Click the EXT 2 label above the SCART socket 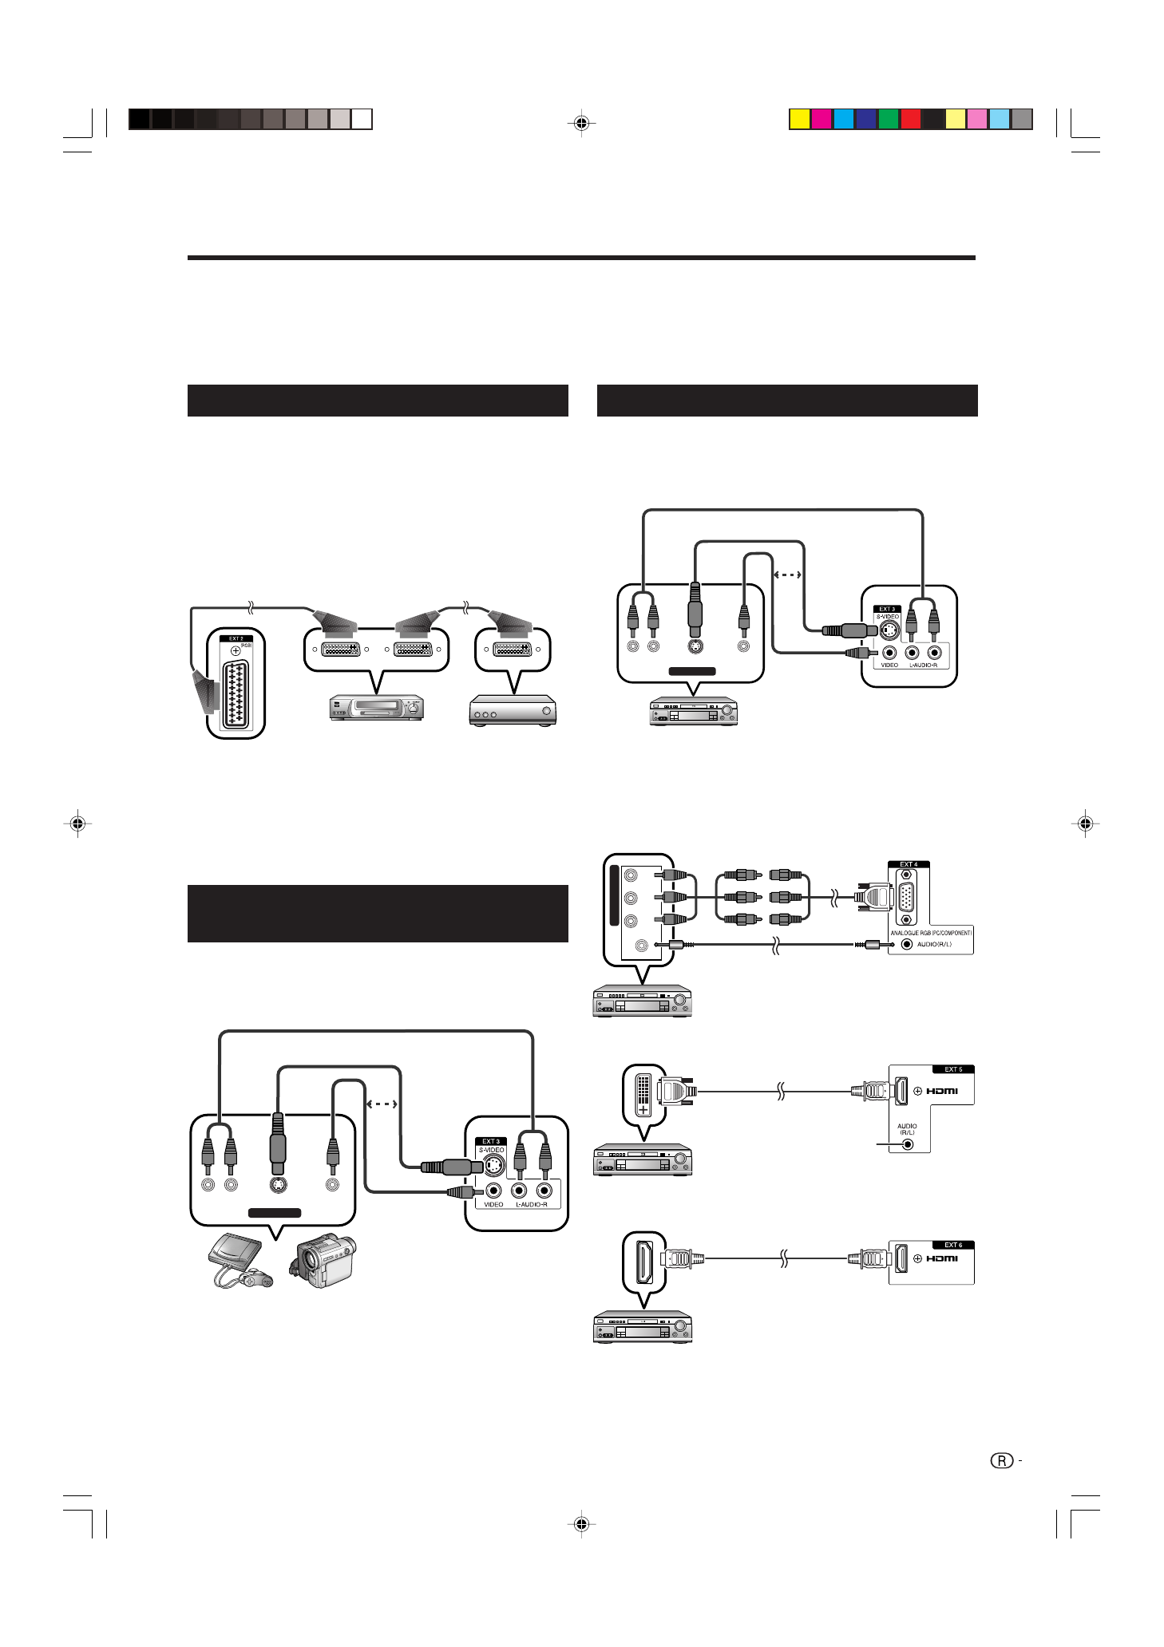click(x=236, y=638)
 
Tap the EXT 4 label click(x=909, y=864)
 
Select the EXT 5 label click(x=953, y=1069)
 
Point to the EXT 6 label click(x=953, y=1245)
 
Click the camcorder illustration click(x=323, y=1260)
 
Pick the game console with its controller click(x=238, y=1260)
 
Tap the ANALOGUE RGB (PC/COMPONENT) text click(x=931, y=933)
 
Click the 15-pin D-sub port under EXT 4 click(x=906, y=898)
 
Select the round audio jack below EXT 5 click(x=907, y=1144)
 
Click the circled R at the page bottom click(x=1002, y=1461)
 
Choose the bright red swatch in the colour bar click(x=911, y=119)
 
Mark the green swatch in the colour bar click(x=889, y=119)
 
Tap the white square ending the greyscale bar click(x=362, y=119)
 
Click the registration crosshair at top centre click(x=582, y=124)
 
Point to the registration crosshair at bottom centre click(x=582, y=1524)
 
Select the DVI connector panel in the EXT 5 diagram click(x=643, y=1094)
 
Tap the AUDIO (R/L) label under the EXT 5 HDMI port click(x=907, y=1129)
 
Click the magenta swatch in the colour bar click(x=822, y=119)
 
